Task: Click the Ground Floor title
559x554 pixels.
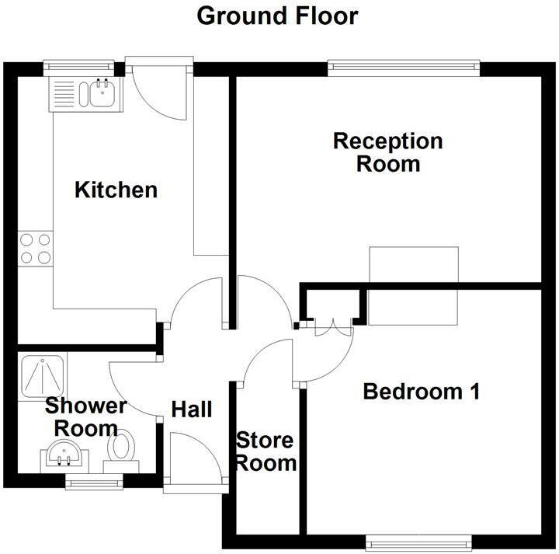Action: (x=277, y=16)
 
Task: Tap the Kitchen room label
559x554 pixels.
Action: (x=116, y=190)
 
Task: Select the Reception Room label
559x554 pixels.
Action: (x=387, y=152)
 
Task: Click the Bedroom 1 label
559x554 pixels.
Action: (x=421, y=392)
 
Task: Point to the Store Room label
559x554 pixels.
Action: (x=266, y=452)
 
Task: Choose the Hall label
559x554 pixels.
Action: (x=191, y=409)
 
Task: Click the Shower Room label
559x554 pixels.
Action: (x=85, y=416)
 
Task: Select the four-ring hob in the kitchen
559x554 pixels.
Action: (x=36, y=249)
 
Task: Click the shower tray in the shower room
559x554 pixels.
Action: (x=43, y=376)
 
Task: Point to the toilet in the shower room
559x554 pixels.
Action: (x=121, y=450)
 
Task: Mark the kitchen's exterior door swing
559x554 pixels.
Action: (x=159, y=89)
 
